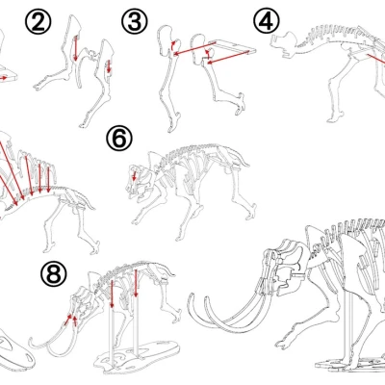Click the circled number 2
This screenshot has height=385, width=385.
[38, 21]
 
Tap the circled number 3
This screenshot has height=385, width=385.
[135, 21]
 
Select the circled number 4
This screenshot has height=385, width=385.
[267, 20]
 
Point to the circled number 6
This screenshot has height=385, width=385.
[119, 139]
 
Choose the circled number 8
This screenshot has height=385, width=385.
[54, 274]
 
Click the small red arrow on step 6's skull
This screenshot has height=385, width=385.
[135, 175]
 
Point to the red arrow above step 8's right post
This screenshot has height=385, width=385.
[136, 283]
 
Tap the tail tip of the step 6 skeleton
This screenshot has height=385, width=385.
[247, 166]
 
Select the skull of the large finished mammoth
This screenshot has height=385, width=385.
[282, 268]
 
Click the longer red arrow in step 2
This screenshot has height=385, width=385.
[76, 48]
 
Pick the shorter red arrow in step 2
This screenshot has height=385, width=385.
[109, 66]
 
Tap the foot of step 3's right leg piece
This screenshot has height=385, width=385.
[239, 104]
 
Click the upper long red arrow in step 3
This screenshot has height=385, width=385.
[194, 48]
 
